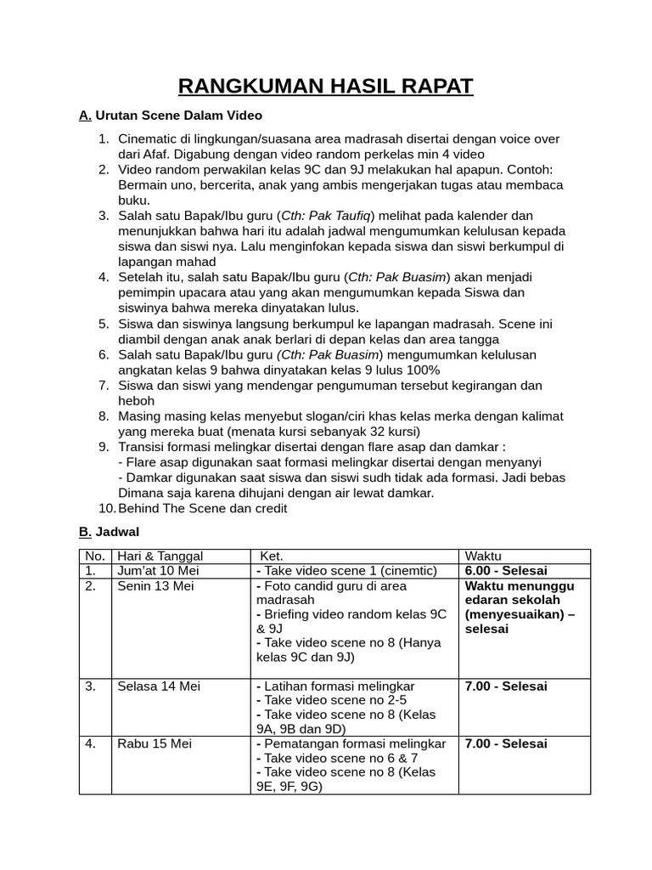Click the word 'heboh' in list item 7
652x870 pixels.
[136, 401]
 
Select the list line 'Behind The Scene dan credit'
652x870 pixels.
[203, 508]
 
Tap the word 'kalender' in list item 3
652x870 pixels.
[485, 216]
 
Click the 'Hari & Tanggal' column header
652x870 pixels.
[160, 556]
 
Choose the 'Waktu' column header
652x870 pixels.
[483, 556]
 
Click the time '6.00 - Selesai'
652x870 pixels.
[506, 571]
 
